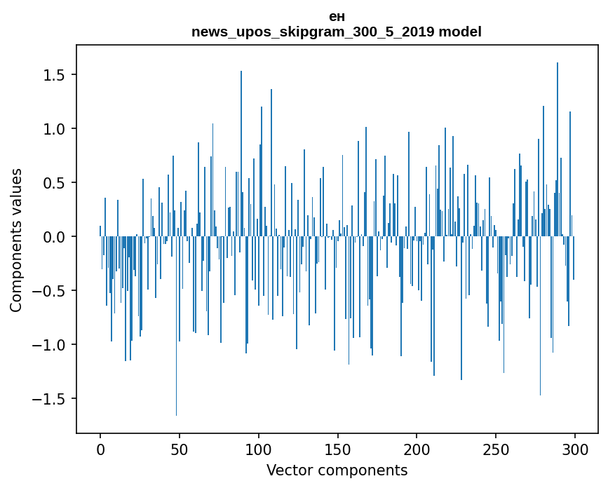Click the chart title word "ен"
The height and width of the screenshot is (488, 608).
[337, 16]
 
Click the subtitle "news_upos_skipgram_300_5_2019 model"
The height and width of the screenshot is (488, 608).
[337, 32]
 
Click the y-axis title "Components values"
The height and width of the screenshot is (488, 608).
[16, 240]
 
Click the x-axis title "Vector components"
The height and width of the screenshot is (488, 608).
[337, 470]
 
